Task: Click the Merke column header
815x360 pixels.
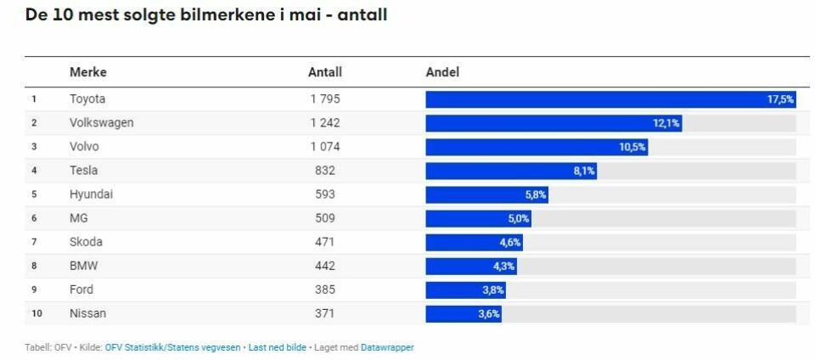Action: point(88,72)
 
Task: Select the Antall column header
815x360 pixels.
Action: point(325,72)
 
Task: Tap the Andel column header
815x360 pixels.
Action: point(442,72)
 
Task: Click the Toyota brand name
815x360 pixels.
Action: point(87,99)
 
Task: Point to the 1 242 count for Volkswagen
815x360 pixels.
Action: point(325,123)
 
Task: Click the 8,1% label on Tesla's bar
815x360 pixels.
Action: point(584,171)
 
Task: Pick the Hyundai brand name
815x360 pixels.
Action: point(91,194)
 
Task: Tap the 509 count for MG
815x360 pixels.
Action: point(325,218)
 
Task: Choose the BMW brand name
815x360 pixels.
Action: point(84,266)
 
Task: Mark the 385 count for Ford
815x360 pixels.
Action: point(325,290)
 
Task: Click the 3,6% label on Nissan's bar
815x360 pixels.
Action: point(489,313)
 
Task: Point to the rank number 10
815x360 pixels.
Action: point(36,313)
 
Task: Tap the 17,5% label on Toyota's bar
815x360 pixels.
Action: point(780,99)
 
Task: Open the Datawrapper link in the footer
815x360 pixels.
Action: point(387,347)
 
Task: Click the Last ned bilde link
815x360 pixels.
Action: point(276,347)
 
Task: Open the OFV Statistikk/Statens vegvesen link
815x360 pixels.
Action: point(172,347)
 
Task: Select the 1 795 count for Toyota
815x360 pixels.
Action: point(325,99)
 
